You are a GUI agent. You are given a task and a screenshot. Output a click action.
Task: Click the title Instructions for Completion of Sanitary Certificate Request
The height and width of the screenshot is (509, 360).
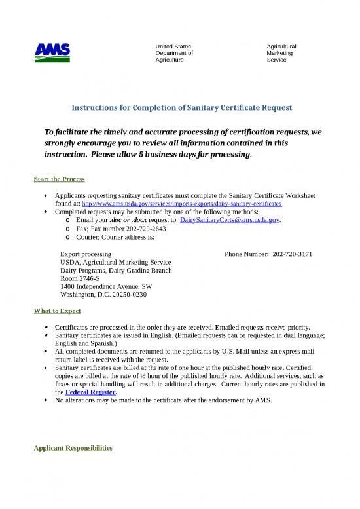181,106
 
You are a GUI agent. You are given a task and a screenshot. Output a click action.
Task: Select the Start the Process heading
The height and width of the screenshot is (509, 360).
59,179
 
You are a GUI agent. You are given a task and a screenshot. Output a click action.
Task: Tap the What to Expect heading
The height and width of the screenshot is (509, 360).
57,311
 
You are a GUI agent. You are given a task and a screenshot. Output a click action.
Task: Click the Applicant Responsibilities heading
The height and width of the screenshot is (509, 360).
73,449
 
